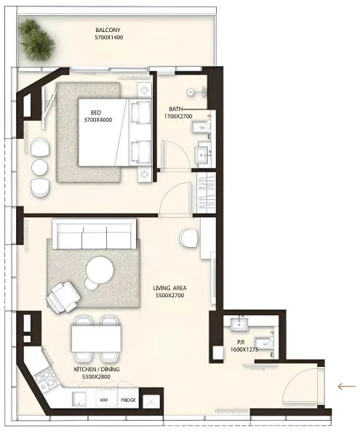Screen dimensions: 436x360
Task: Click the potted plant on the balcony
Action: tap(36, 39)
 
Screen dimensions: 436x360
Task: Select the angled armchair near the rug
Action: tap(64, 295)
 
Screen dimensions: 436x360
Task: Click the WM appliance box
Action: tap(104, 400)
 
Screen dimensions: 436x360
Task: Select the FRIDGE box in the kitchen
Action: tap(128, 400)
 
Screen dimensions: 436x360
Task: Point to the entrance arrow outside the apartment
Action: tap(347, 386)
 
